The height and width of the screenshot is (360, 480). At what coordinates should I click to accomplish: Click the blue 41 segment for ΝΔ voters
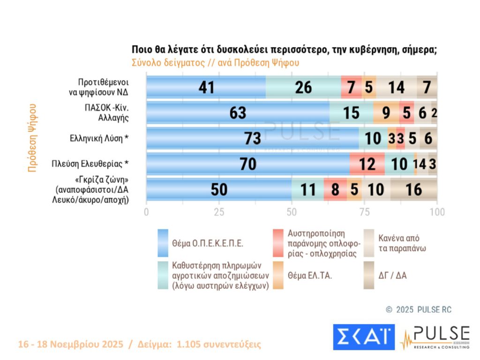point(206,87)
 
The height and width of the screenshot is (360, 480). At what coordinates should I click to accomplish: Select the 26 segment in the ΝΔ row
point(303,87)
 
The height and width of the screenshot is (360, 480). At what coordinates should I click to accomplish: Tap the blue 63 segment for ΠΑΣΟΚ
point(238,113)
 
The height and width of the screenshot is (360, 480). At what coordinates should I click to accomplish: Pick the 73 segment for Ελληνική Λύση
point(252,139)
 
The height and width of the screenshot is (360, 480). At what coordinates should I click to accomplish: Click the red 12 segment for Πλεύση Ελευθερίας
point(367,164)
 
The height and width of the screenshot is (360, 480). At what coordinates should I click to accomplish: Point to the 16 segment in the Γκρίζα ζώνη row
point(414,189)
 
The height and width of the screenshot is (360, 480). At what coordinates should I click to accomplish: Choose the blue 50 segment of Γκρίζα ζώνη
point(218,189)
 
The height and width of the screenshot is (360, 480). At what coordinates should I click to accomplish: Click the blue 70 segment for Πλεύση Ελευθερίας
point(247,164)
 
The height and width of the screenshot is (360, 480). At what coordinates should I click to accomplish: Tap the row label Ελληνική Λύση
point(98,139)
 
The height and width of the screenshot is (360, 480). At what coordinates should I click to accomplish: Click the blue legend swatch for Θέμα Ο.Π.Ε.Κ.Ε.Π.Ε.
point(163,243)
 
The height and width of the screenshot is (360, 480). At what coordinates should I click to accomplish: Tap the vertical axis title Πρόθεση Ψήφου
point(32,138)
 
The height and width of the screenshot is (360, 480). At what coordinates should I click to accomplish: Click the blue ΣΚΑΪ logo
point(364,337)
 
